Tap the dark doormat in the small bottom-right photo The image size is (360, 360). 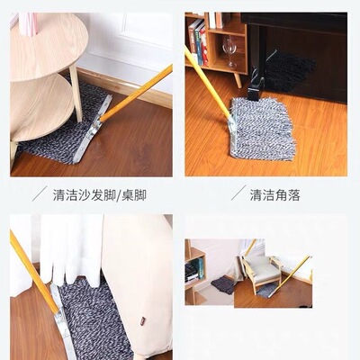pyautogui.click(x=222, y=285)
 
